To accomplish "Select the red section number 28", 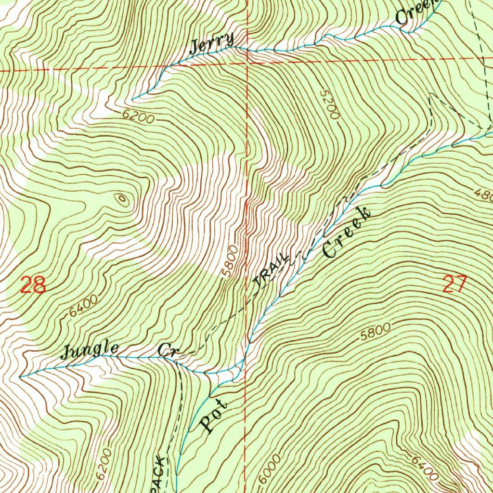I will tap(34, 285).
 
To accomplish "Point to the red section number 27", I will tap(454, 285).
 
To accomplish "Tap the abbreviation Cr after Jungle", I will tap(168, 350).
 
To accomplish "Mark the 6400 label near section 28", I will tap(83, 305).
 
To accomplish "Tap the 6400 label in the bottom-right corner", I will tap(425, 467).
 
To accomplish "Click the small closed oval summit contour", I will tap(121, 198).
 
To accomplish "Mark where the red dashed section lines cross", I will tap(246, 63).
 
